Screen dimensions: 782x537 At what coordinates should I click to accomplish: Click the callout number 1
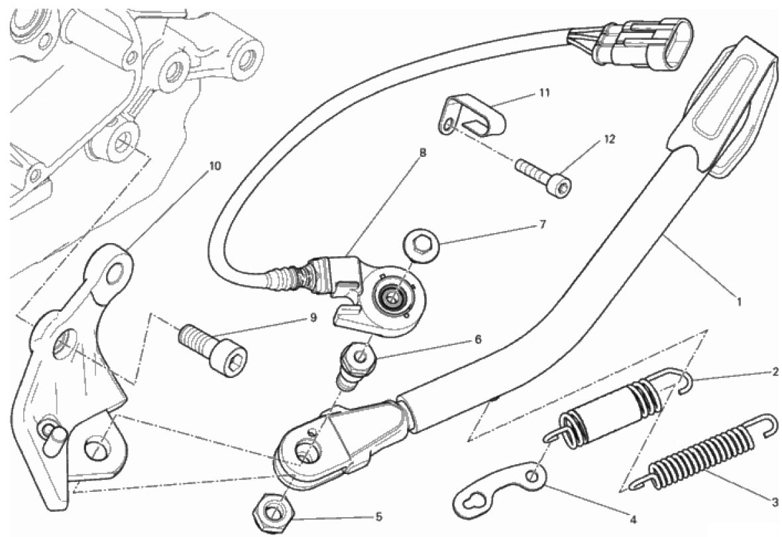point(740,302)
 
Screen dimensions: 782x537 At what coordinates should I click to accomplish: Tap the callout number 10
point(215,166)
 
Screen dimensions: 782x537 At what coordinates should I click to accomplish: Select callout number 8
point(423,153)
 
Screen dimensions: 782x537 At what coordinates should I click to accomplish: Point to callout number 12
point(610,139)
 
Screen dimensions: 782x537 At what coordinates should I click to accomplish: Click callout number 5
point(378,516)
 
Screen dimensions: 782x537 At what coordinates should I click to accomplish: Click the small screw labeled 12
point(544,177)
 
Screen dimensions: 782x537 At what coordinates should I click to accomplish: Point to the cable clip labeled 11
point(471,117)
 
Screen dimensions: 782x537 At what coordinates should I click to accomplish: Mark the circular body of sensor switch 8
point(396,298)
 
